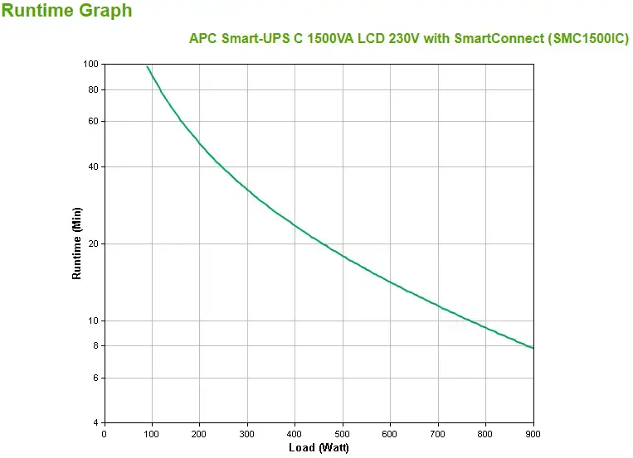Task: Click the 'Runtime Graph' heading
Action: (67, 11)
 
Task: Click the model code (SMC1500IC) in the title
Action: (584, 39)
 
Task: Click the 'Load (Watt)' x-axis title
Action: (319, 448)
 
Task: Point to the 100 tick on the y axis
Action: (91, 64)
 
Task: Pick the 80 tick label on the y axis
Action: (93, 89)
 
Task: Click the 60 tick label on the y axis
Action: (93, 121)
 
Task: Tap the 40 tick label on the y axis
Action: (93, 166)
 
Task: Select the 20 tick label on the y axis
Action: (93, 243)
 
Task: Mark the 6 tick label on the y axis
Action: (95, 378)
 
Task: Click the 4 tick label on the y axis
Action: (95, 423)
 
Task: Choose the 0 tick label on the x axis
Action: (104, 433)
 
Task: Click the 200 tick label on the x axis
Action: (199, 433)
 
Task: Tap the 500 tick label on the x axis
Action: (343, 433)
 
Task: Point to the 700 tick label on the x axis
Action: (438, 433)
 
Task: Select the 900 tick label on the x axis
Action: (533, 433)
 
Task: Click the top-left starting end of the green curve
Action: (148, 66)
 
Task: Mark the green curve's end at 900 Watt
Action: (533, 348)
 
